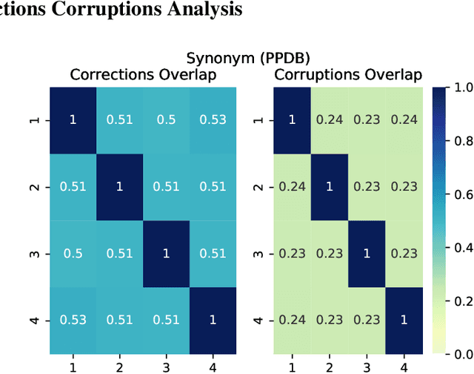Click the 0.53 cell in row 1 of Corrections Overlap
[213, 120]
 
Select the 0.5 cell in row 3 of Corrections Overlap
[72, 254]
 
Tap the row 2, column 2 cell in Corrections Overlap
[118, 187]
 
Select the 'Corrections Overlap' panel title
[142, 75]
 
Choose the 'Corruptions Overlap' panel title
[348, 75]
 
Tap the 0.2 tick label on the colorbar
[459, 301]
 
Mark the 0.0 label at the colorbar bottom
[459, 354]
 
